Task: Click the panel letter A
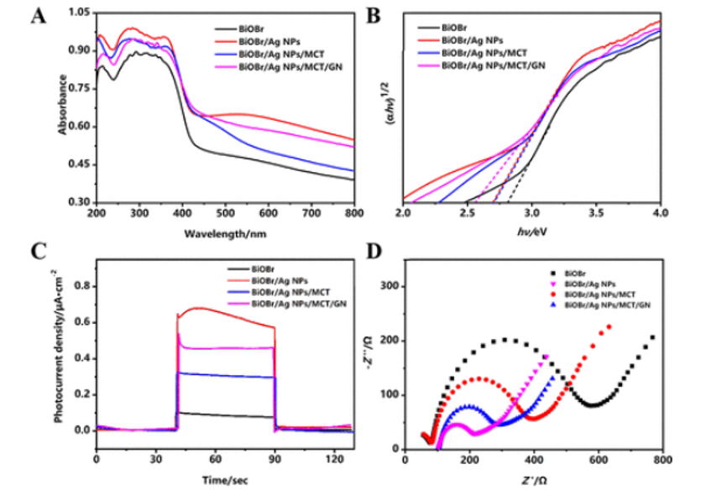point(39,17)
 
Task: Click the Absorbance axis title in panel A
point(64,105)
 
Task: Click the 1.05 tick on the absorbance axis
point(79,13)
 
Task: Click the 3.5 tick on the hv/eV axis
point(597,215)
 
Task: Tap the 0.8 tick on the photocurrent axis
point(81,286)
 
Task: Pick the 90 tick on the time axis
point(274,461)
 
